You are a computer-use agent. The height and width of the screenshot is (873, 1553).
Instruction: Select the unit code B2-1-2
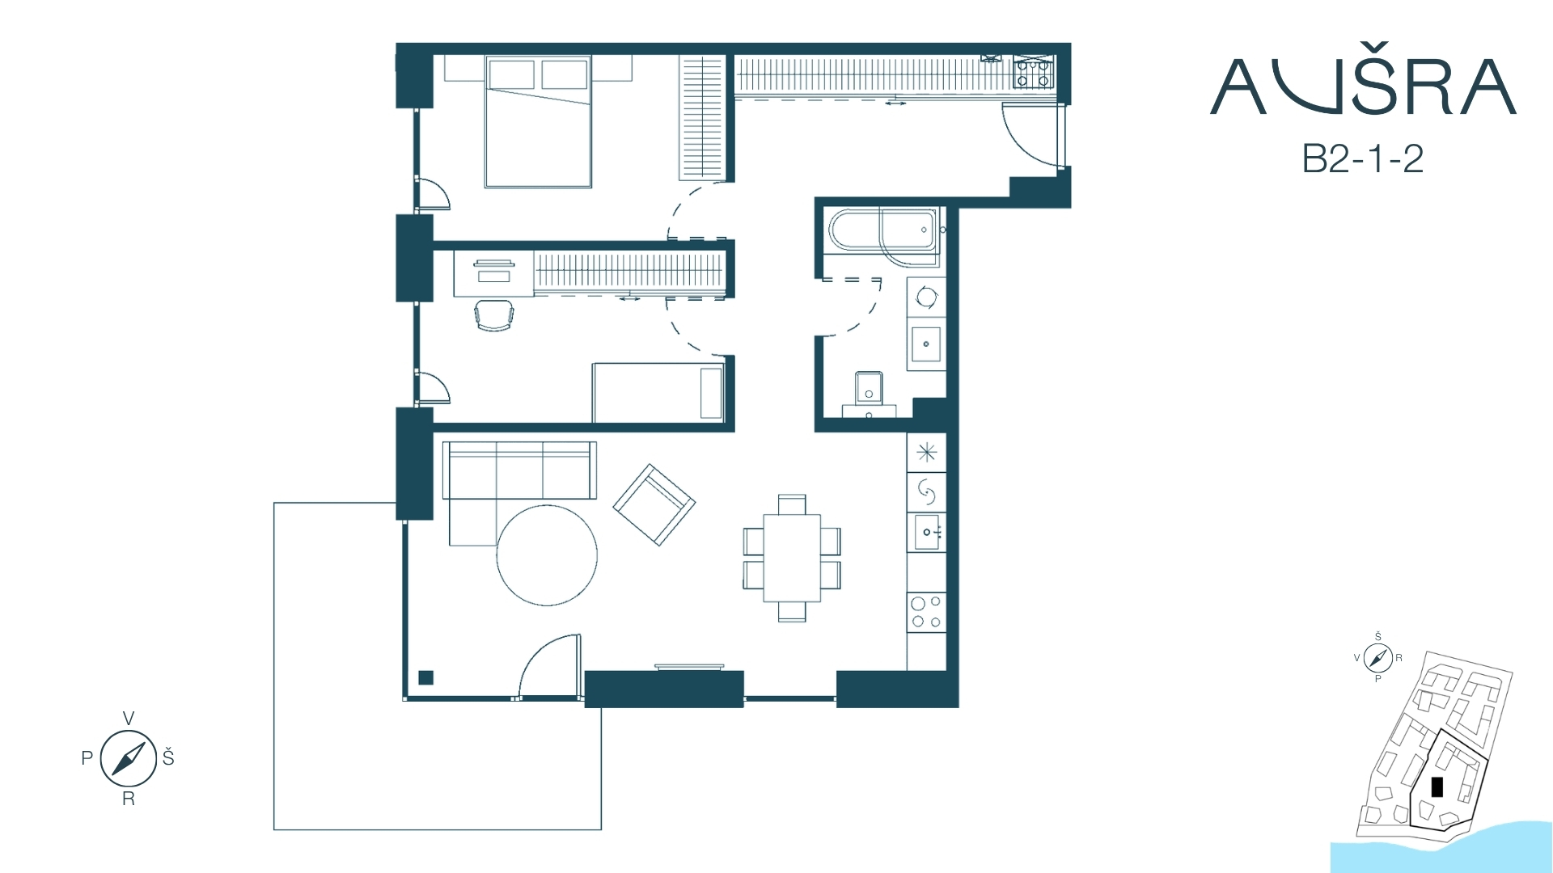tap(1363, 159)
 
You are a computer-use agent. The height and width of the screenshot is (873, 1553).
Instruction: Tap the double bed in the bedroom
tap(538, 121)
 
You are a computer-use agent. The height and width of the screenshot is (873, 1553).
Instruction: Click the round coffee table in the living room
tap(547, 555)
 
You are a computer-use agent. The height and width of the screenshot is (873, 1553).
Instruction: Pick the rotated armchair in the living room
tap(654, 504)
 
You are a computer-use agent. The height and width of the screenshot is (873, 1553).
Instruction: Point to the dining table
tap(792, 558)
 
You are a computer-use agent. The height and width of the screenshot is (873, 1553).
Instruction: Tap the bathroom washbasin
tap(926, 344)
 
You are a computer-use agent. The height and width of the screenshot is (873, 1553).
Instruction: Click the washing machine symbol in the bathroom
tap(927, 297)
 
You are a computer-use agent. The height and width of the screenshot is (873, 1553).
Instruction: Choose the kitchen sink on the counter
tap(927, 532)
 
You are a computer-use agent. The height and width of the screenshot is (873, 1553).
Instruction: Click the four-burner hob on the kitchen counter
tap(926, 612)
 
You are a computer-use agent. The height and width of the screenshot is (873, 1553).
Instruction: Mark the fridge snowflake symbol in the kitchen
tap(927, 451)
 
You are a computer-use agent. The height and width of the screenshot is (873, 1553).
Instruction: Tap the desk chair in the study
tap(493, 315)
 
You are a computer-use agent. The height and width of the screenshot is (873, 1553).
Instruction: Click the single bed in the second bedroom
tap(658, 392)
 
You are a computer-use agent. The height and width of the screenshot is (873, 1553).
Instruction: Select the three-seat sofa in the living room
tap(519, 470)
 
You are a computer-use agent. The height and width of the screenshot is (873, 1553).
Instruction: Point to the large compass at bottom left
tap(128, 758)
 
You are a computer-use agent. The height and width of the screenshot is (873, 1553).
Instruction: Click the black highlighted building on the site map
tap(1437, 787)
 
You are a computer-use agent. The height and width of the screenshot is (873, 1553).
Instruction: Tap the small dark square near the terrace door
tap(426, 678)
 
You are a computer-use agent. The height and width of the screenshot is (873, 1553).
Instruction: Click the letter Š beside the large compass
tap(168, 757)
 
